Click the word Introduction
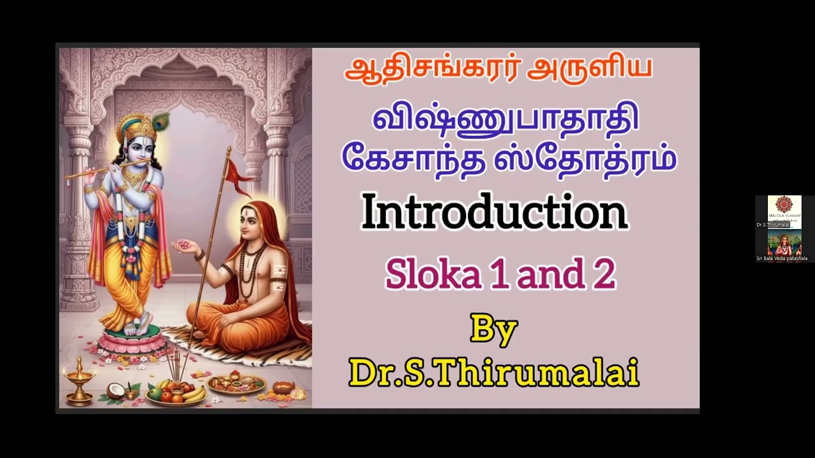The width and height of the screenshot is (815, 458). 495,213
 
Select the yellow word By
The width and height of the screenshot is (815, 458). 493,330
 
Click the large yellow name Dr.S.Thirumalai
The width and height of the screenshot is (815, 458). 493,373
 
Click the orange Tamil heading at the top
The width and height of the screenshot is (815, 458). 498,70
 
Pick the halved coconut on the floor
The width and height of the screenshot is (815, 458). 115,391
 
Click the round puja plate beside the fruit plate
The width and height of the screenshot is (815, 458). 236,384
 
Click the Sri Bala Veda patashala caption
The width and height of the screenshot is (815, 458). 781,258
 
